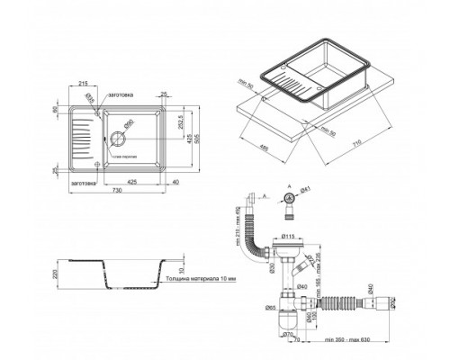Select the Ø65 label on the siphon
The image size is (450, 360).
271,309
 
